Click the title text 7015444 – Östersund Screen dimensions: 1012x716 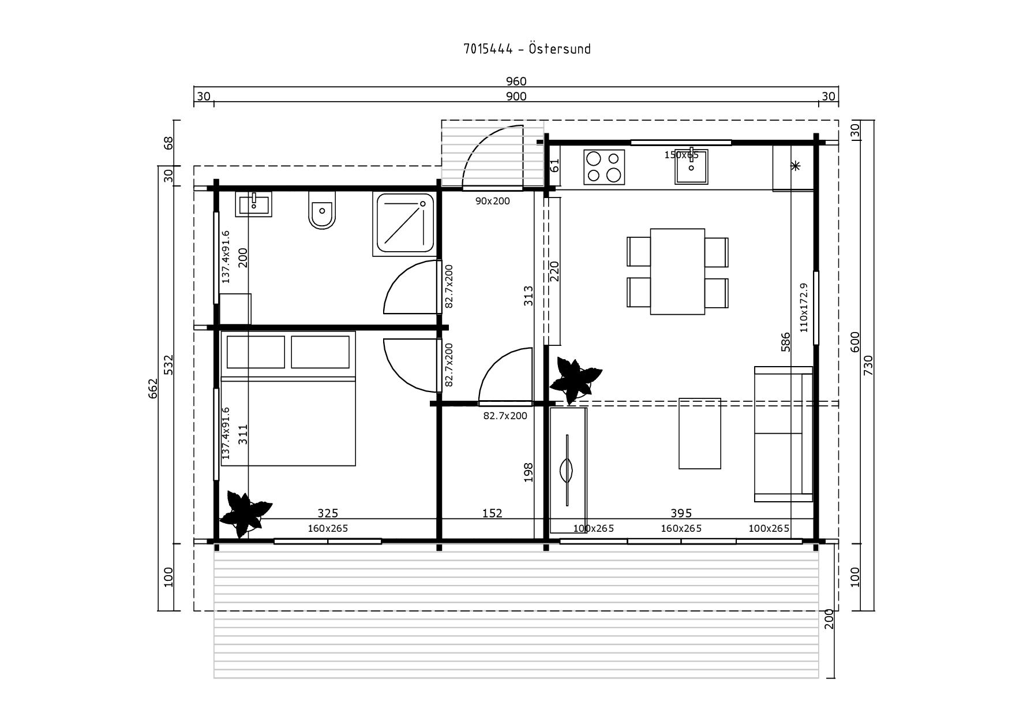click(527, 49)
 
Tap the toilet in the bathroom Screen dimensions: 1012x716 click(322, 210)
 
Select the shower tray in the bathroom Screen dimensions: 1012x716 click(404, 225)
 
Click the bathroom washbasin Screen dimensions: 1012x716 click(254, 205)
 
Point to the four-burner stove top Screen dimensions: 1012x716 click(604, 167)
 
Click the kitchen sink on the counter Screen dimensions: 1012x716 click(691, 167)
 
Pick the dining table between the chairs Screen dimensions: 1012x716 click(677, 271)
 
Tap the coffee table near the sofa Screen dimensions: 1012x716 click(700, 433)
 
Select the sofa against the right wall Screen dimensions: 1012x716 click(784, 434)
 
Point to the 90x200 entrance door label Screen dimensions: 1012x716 click(493, 201)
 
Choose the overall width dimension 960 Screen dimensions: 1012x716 click(516, 81)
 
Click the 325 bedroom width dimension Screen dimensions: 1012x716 click(328, 513)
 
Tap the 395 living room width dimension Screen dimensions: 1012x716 click(681, 513)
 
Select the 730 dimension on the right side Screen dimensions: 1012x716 click(869, 365)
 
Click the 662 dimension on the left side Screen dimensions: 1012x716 click(153, 389)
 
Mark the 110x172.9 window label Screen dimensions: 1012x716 click(804, 307)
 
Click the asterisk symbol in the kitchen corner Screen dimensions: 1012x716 click(795, 166)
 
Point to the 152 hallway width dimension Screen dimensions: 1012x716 click(492, 513)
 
